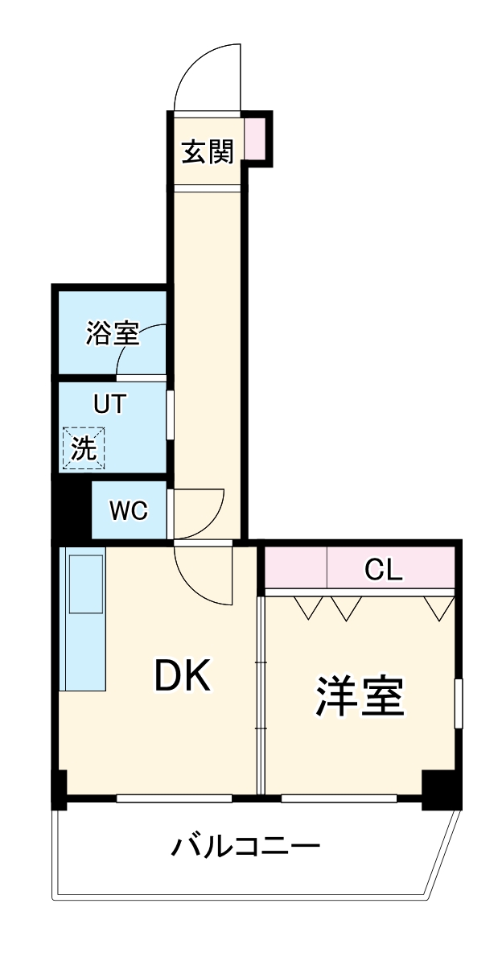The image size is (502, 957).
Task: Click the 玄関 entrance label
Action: point(208,151)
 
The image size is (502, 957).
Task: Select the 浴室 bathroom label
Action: point(112,333)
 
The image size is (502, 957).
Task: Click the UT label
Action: point(109,404)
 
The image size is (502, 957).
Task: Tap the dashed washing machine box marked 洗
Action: point(84,448)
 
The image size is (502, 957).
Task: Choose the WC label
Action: point(129,510)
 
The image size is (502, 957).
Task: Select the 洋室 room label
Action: point(359,697)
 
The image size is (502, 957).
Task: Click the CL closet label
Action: point(383,570)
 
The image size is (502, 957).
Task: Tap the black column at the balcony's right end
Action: point(441,789)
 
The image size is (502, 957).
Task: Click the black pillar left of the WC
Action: point(71,510)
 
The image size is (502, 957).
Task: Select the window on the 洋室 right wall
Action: point(458,703)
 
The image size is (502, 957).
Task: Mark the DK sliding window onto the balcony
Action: point(174,798)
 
